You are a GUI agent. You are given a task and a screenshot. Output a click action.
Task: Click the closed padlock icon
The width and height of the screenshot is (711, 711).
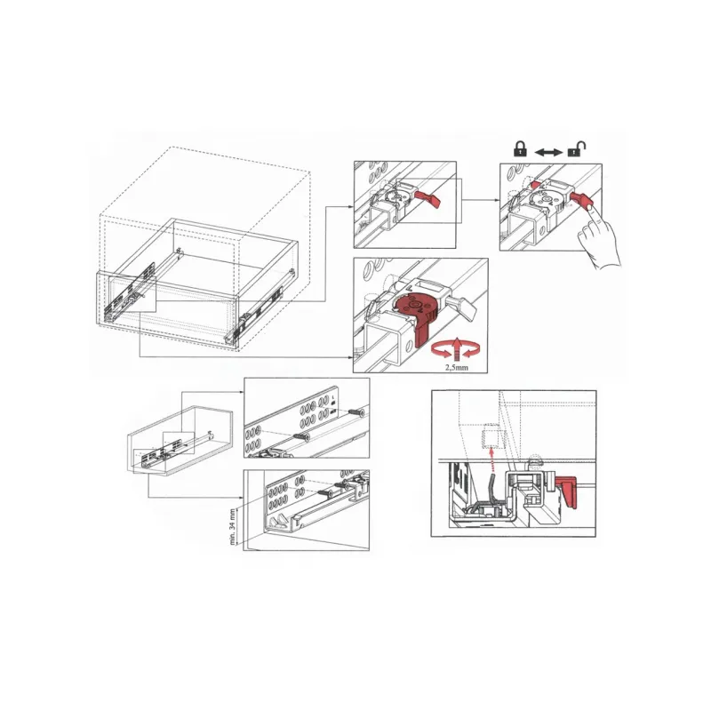point(520,148)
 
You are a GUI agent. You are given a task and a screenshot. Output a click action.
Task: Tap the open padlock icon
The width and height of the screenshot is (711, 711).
point(577,148)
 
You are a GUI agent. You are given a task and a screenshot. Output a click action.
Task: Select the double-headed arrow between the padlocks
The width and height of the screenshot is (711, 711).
point(548,152)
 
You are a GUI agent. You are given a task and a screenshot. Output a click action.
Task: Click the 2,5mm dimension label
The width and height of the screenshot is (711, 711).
point(457,367)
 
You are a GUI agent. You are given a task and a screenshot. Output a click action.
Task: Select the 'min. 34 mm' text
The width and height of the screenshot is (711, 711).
point(233,526)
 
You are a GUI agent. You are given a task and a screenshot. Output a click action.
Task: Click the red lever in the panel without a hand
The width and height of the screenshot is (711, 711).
point(427,197)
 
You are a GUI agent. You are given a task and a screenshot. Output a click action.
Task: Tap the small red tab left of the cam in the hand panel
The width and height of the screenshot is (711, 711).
point(535,185)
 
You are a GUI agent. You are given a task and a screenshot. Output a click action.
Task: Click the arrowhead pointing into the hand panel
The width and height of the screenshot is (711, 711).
point(498,199)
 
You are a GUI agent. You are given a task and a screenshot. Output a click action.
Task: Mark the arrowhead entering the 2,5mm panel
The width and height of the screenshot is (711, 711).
point(350,357)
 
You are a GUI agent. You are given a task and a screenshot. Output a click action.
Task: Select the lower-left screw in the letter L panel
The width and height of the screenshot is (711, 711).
point(301,436)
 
